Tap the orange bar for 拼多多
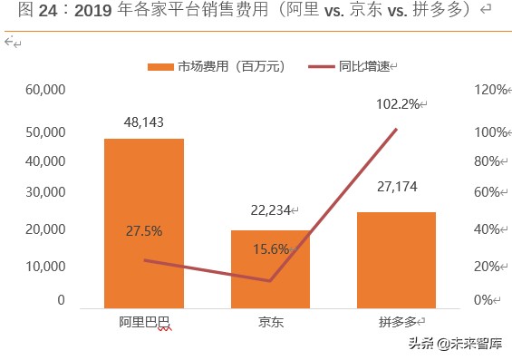396,259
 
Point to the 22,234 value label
270,210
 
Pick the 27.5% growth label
143,231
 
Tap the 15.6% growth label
270,250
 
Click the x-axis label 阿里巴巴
143,323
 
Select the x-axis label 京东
270,323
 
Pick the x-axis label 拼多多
397,323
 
